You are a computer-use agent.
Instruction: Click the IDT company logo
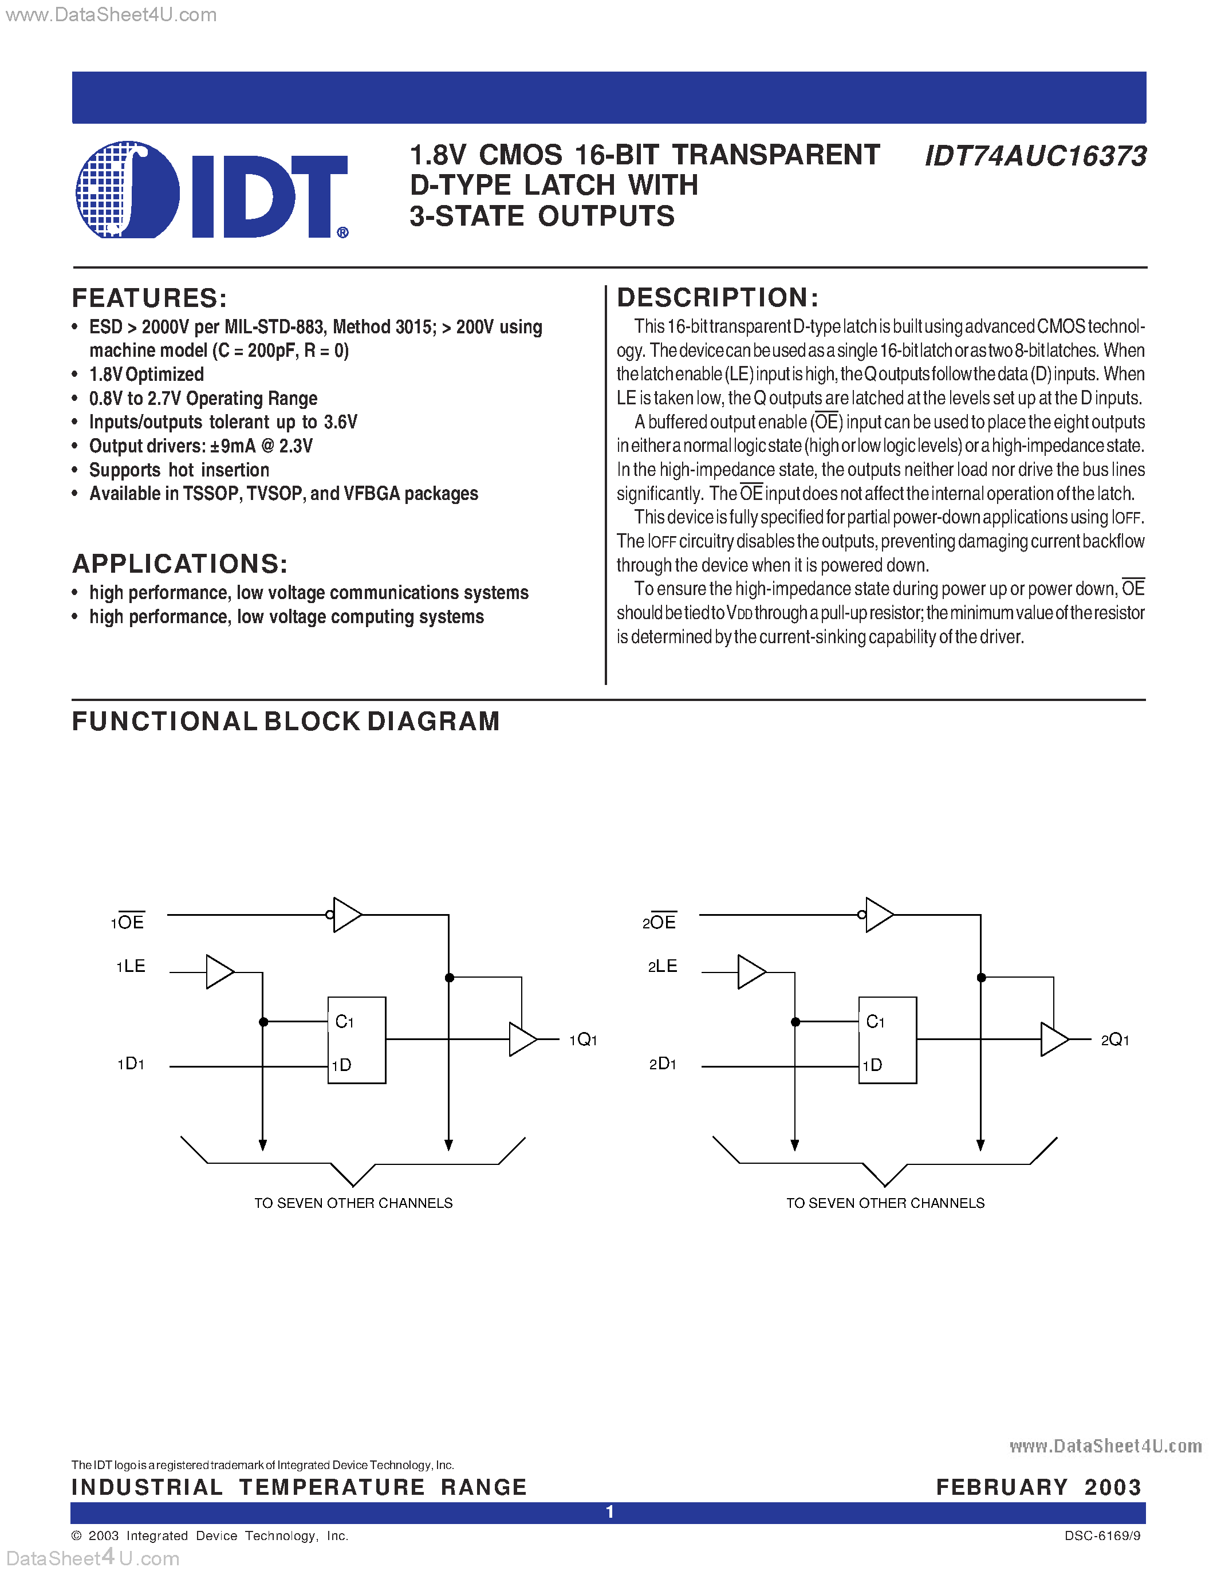(211, 190)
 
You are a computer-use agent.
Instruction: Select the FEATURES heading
(149, 298)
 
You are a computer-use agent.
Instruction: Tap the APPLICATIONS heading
(179, 564)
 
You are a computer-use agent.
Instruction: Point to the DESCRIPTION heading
(718, 297)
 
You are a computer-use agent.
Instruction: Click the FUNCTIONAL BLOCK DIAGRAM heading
(286, 721)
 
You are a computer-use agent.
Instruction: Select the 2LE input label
(663, 966)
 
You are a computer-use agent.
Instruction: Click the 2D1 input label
(663, 1064)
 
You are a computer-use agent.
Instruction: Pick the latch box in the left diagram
(357, 1040)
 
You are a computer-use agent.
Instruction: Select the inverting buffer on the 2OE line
(877, 915)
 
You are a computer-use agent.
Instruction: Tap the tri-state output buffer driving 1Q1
(522, 1039)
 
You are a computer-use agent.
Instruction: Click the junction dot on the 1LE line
(263, 1022)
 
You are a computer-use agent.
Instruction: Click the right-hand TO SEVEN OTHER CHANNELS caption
(885, 1203)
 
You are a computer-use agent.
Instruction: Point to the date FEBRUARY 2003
(1038, 1487)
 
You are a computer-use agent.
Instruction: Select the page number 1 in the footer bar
(610, 1511)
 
